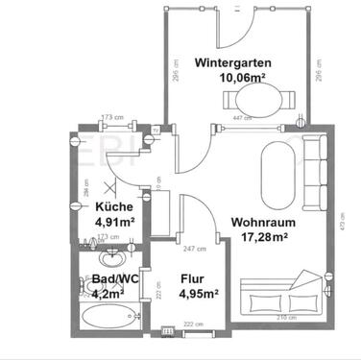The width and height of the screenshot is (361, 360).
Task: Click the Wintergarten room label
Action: tap(232, 62)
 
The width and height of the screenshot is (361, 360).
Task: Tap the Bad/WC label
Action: tap(103, 279)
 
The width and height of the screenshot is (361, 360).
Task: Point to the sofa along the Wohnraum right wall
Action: tap(313, 173)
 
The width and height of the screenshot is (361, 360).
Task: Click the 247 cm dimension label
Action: tap(195, 249)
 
